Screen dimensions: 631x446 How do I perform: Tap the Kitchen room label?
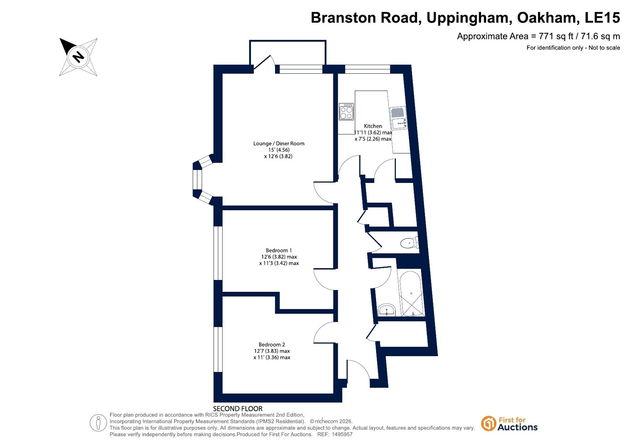point(373,126)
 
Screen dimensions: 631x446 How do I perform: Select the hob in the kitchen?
point(346,112)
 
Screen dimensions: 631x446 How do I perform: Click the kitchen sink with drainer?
point(398,118)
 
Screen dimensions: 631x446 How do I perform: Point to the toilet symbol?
point(409,243)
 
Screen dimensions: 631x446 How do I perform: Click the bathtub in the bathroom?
point(411,293)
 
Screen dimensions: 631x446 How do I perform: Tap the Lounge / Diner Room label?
point(279,144)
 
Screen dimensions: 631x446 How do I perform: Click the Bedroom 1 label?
point(279,250)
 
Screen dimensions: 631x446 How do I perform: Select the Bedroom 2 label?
point(271,345)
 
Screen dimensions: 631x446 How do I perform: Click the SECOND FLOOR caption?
point(238,409)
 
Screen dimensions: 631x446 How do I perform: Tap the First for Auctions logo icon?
point(488,424)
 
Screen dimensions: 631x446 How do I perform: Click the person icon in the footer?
point(98,423)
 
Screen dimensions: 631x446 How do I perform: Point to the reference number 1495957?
point(342,435)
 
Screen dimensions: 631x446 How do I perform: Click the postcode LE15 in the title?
point(602,17)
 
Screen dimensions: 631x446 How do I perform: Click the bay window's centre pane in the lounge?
point(197,179)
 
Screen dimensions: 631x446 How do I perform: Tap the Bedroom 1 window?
point(218,253)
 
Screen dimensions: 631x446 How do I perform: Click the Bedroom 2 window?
point(218,349)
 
